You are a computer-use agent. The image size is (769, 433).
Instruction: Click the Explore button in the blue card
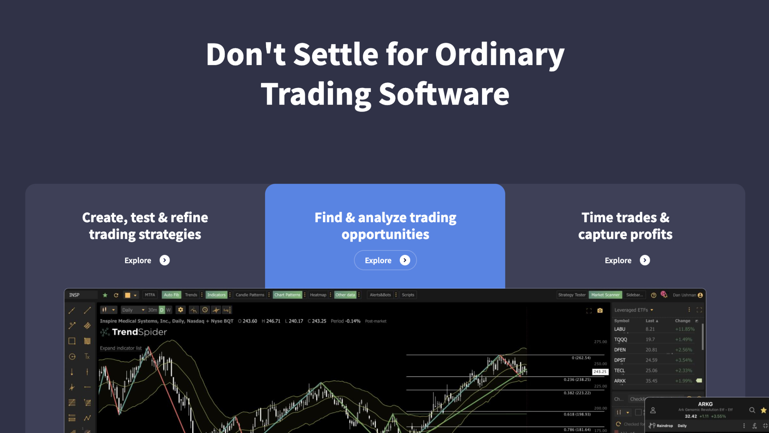pos(385,260)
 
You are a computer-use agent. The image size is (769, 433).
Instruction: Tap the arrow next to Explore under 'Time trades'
pos(645,260)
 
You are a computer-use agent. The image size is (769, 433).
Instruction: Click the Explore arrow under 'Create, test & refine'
pos(164,260)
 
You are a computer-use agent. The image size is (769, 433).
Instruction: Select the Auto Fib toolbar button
pos(171,295)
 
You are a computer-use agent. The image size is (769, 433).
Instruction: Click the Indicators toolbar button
pos(216,295)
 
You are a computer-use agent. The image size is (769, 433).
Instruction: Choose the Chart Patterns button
pos(287,295)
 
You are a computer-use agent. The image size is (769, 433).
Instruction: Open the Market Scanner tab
pos(605,295)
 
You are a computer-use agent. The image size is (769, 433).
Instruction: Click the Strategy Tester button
pos(572,295)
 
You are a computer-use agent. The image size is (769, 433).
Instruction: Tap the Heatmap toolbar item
pos(318,295)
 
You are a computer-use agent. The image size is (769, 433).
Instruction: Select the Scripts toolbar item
pos(408,295)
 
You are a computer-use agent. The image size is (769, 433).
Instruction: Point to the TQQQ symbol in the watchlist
pos(620,339)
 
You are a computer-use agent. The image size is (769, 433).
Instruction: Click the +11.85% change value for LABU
pos(684,329)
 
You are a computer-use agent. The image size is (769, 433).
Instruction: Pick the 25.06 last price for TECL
pos(651,370)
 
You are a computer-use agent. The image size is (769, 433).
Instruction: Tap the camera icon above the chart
pos(600,310)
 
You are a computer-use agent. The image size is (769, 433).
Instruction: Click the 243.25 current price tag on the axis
pos(600,371)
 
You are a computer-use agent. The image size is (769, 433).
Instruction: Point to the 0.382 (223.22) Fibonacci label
pos(577,393)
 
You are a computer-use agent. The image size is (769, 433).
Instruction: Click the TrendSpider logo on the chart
pos(134,332)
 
